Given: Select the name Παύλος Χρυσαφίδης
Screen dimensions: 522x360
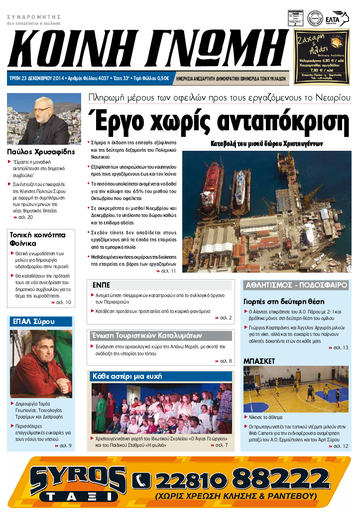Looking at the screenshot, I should point(41,151).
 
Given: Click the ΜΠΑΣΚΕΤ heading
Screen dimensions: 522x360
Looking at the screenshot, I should point(259,361).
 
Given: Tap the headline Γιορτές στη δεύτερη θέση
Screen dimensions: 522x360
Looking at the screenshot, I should point(284,302).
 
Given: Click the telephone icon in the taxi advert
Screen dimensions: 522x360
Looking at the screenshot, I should point(141,480).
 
